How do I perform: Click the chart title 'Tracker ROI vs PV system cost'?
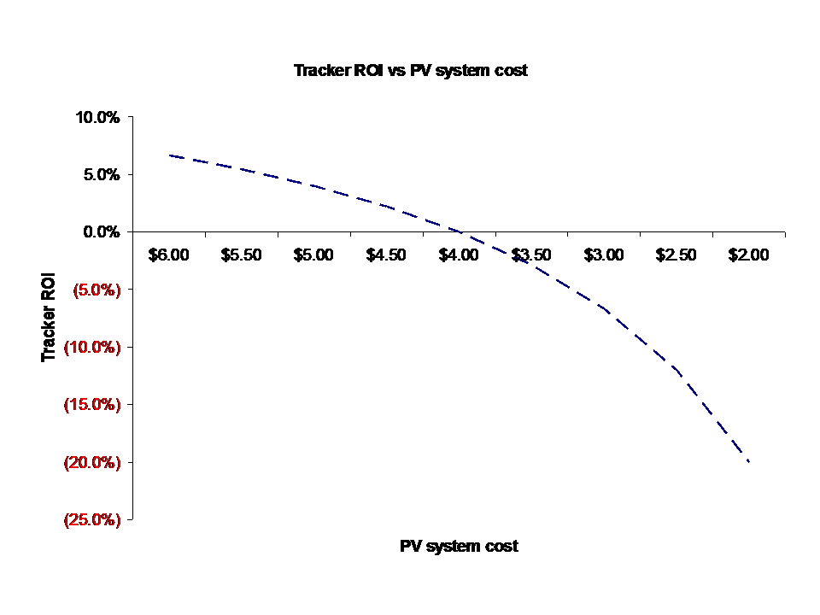[410, 71]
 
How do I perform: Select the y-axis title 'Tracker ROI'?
[50, 318]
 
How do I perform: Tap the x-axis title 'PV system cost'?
[459, 546]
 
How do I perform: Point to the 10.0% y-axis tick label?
[98, 117]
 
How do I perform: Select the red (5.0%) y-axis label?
[96, 290]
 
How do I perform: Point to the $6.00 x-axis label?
[168, 255]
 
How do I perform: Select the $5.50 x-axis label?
[241, 255]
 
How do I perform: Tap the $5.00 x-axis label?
[313, 255]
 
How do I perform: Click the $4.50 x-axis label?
[386, 255]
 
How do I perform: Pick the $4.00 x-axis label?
[459, 255]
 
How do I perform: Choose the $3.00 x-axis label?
[604, 255]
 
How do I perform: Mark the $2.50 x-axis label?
[676, 255]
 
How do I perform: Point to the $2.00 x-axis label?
[749, 255]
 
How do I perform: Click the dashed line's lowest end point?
[749, 462]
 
